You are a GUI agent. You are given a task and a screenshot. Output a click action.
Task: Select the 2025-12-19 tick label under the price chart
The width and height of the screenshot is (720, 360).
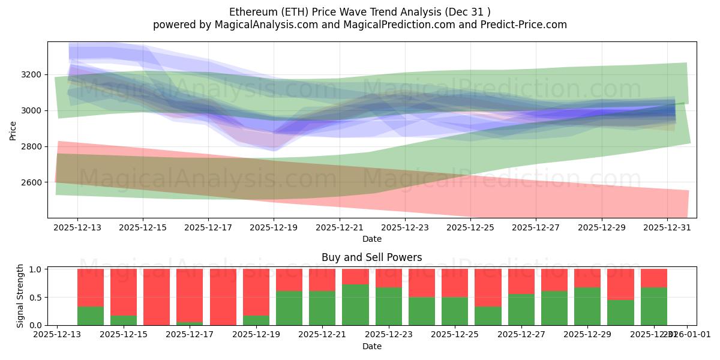point(274,228)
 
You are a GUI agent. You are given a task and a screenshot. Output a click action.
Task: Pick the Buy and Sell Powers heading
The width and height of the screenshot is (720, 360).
point(371,257)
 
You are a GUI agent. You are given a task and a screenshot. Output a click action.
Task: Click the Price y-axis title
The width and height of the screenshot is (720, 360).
point(13,130)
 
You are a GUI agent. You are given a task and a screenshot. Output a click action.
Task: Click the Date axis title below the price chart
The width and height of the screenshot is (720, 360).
point(372,239)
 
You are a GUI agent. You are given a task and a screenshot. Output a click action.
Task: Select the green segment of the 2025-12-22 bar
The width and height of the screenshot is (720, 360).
point(355,305)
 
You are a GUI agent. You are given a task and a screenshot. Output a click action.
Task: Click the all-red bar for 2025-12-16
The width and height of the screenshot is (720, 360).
point(157,297)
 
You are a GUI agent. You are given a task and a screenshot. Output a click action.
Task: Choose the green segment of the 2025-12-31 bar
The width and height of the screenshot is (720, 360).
point(653,306)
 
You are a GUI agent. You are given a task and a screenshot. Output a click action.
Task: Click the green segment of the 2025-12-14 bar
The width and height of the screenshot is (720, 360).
point(91,316)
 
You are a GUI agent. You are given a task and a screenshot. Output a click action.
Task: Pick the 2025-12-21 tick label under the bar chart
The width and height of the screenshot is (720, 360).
point(322,335)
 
